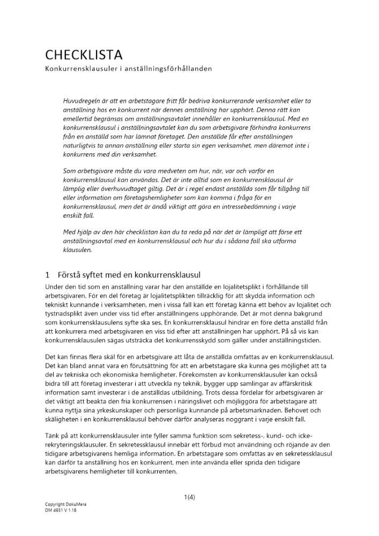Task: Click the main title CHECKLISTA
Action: (x=84, y=55)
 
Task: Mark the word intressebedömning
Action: (x=225, y=207)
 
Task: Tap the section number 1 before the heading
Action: (x=48, y=274)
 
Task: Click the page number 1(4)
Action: (x=189, y=496)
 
